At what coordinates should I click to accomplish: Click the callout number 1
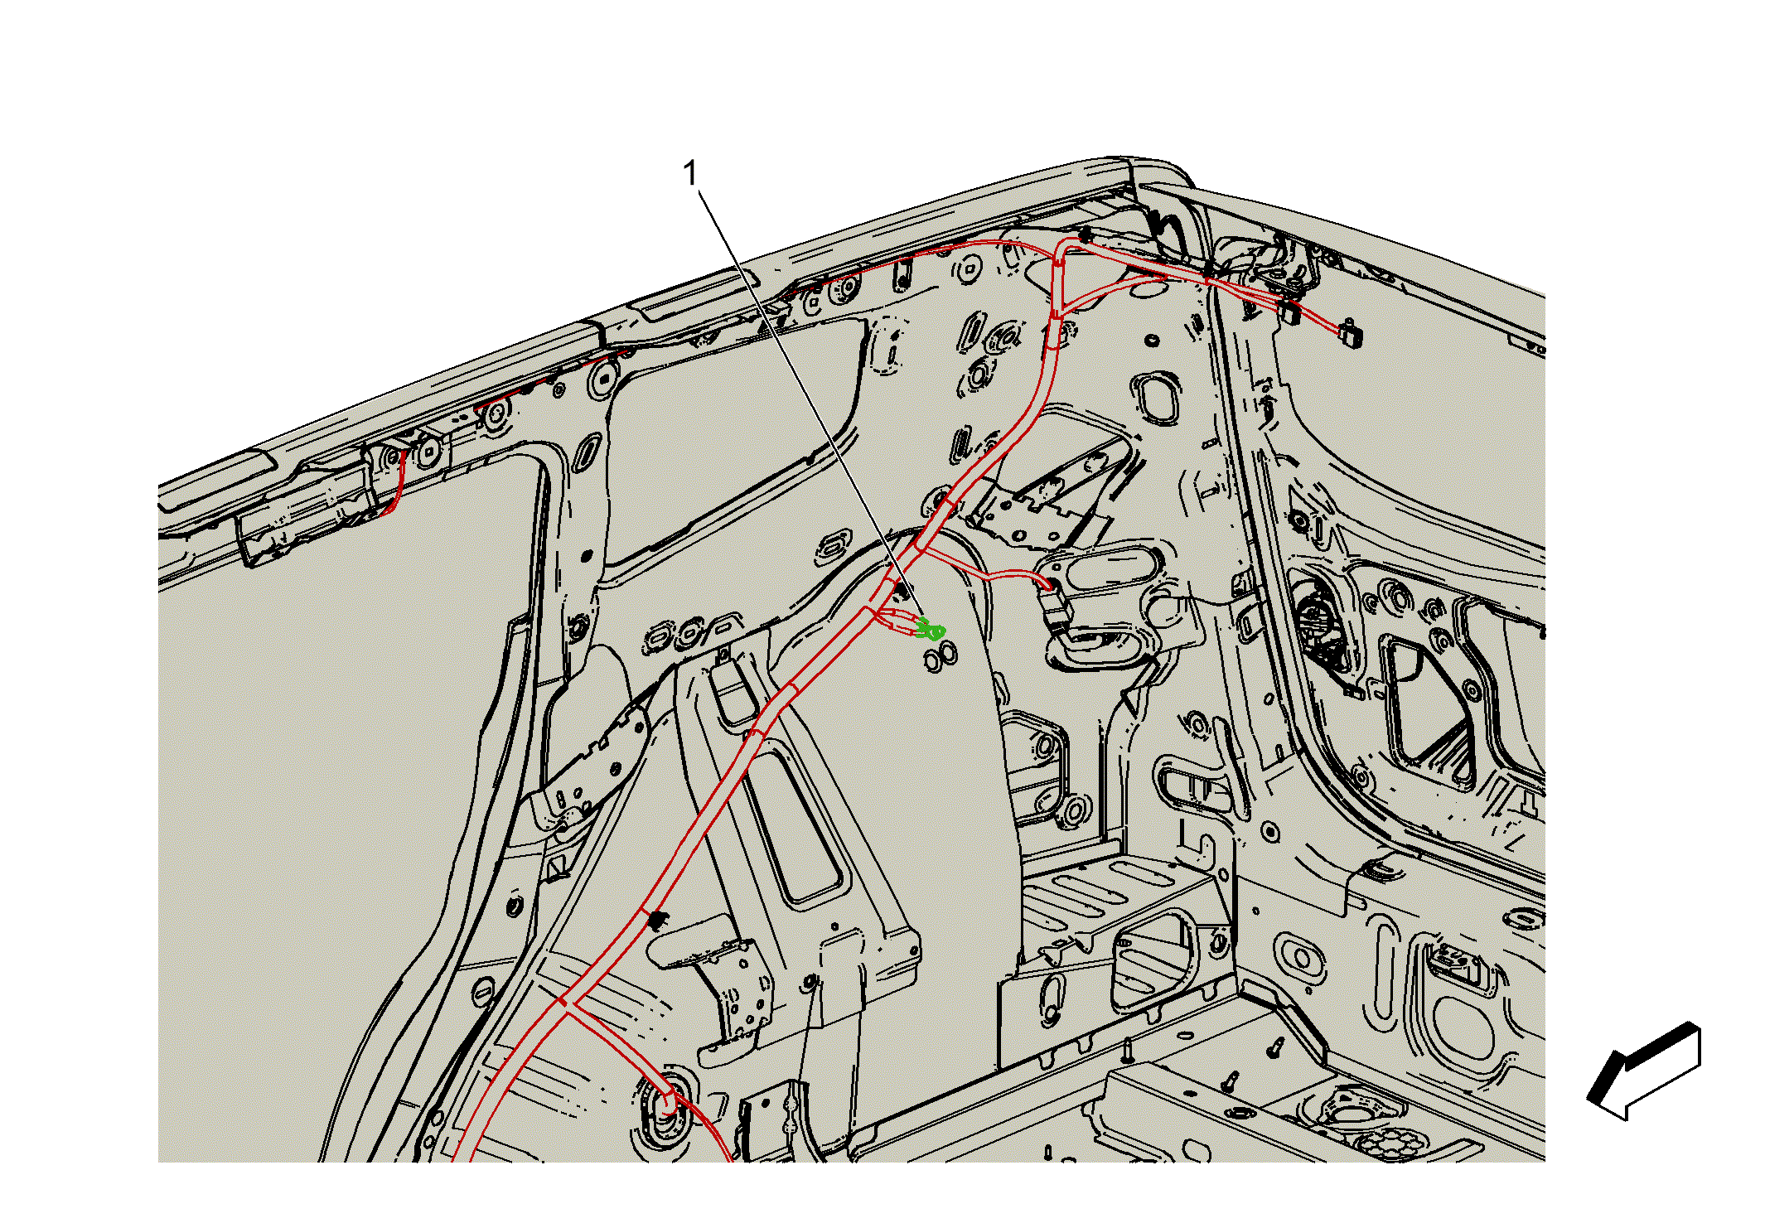click(689, 174)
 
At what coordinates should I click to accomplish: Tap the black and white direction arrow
click(1643, 1071)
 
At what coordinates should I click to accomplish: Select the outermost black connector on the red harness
click(1351, 333)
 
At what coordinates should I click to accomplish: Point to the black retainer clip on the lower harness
click(659, 920)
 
